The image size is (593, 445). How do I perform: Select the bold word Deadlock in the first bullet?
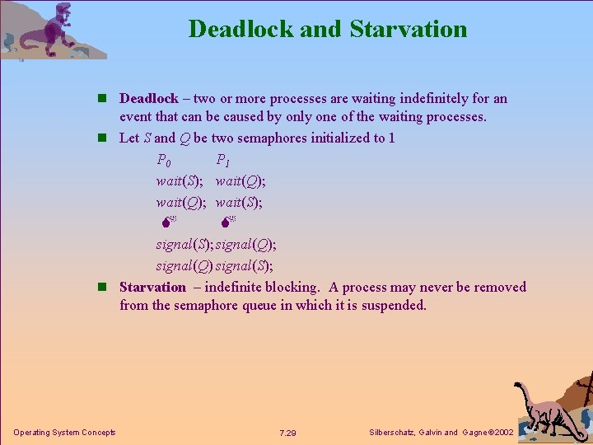coord(149,99)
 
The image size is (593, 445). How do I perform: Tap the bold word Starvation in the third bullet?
coord(153,288)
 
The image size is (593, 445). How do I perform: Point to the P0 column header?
coord(165,160)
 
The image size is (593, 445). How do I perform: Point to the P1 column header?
coord(223,160)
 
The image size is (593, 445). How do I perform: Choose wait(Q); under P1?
coord(240,181)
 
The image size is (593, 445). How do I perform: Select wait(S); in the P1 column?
coord(240,203)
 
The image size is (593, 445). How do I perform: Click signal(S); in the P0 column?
coord(185,245)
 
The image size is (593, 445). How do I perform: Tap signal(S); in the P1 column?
coord(245,266)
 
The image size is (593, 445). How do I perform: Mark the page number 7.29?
coord(287,433)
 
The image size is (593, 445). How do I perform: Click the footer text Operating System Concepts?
coord(64,433)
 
